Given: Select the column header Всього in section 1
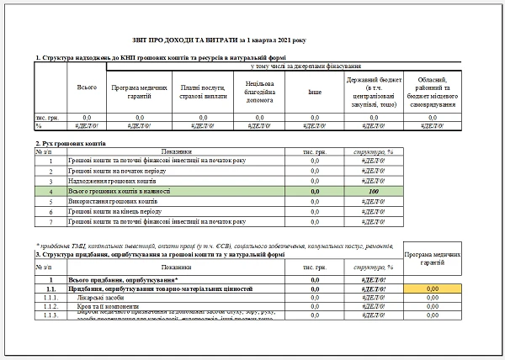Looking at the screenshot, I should tap(85, 87).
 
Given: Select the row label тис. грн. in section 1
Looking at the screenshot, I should tap(45, 117).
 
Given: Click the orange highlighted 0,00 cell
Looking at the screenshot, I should tap(433, 289).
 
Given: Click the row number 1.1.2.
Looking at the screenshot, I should tap(50, 308).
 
